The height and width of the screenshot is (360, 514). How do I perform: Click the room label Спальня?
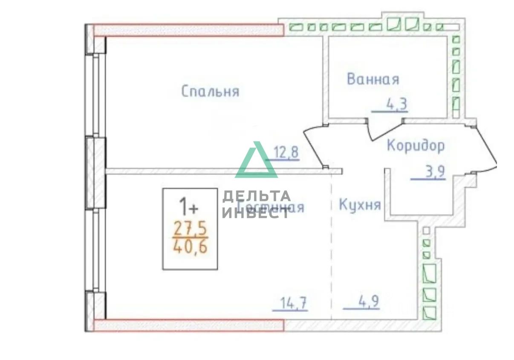tap(210, 91)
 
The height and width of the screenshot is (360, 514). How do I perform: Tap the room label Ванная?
tap(373, 79)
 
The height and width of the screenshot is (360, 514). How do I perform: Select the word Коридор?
tap(416, 145)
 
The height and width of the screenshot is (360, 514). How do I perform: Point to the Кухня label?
tap(359, 205)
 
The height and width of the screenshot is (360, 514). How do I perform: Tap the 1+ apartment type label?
tap(188, 208)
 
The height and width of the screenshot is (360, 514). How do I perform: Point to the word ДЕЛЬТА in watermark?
tap(256, 197)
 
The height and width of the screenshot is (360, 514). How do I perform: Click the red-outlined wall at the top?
tap(188, 30)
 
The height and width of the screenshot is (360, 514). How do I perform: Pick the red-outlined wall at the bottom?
tap(188, 325)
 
